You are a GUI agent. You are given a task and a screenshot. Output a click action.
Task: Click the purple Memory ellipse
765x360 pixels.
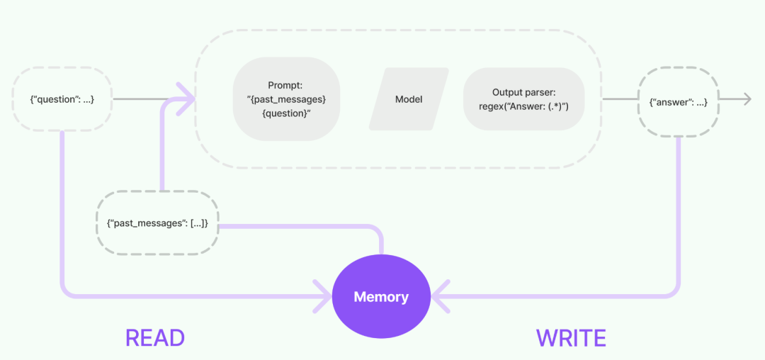tap(381, 296)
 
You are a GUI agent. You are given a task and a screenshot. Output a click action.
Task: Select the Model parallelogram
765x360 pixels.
tap(409, 99)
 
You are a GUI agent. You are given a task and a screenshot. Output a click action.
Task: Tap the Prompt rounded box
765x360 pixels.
tap(286, 99)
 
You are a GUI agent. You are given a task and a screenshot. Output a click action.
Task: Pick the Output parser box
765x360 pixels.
tap(523, 99)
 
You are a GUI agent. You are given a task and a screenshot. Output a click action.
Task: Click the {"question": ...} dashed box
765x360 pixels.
tap(62, 99)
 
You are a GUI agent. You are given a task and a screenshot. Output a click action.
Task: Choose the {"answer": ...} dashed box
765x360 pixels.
tap(678, 103)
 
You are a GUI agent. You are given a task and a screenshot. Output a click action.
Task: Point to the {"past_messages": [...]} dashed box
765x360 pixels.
tap(157, 223)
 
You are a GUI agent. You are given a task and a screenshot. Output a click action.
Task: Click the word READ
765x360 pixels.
tap(155, 337)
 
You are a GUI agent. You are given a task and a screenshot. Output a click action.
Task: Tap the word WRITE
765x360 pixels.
tap(571, 338)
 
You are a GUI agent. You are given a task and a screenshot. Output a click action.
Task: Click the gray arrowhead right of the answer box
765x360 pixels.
tap(746, 99)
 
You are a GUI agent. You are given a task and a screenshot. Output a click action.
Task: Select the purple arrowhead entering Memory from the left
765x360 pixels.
tap(322, 296)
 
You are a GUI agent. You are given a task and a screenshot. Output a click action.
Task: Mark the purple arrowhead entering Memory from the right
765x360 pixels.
tap(440, 296)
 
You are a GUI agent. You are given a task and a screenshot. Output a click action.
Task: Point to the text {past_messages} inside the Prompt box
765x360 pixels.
tap(286, 99)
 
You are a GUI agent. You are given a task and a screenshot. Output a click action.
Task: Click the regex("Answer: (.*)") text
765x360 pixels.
tap(523, 106)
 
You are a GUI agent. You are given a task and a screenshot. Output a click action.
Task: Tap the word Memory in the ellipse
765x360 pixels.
tap(381, 297)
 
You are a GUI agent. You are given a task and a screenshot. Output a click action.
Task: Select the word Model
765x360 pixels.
tap(409, 99)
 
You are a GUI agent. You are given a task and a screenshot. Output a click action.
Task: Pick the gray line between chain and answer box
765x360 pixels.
tap(620, 99)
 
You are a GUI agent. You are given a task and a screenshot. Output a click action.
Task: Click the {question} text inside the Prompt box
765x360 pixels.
tap(286, 113)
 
